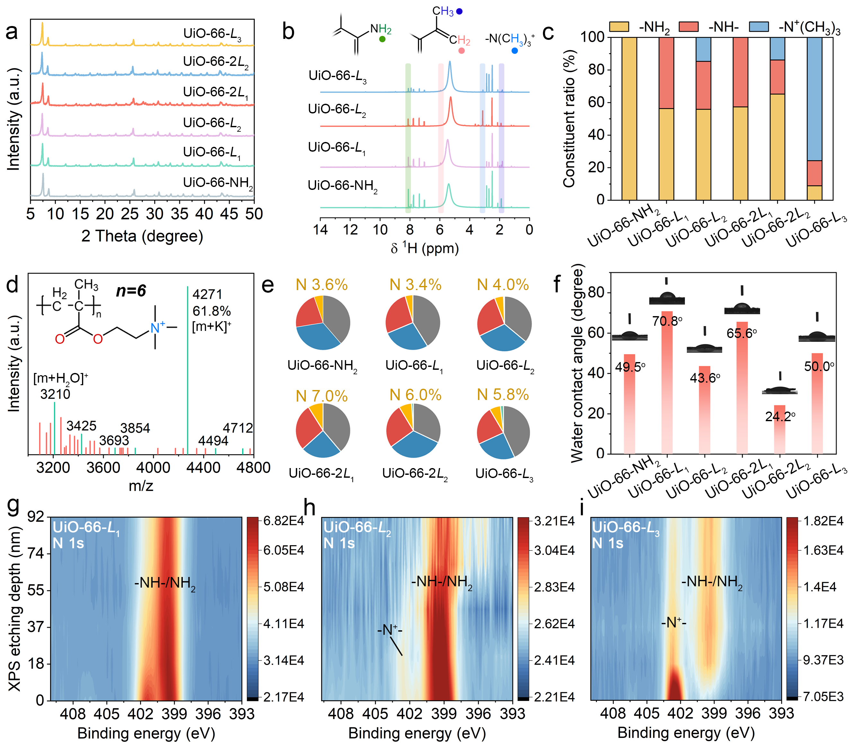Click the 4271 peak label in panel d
point(207,294)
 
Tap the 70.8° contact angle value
point(667,321)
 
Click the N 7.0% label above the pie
point(321,396)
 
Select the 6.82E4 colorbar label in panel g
point(284,521)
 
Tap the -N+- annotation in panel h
point(390,630)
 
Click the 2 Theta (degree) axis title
point(142,236)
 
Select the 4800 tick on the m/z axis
point(253,468)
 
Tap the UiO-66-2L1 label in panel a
point(215,92)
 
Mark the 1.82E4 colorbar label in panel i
point(823,521)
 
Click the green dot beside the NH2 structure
point(382,39)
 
